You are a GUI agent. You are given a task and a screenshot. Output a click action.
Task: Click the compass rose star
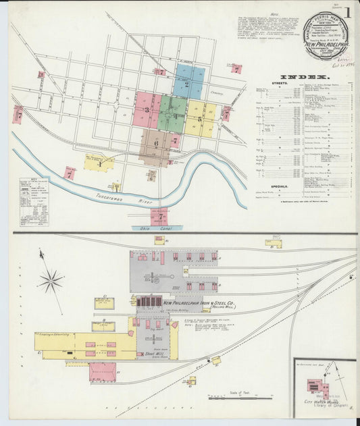pyautogui.click(x=51, y=279)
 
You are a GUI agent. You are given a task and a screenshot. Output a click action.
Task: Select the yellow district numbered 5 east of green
pyautogui.click(x=200, y=119)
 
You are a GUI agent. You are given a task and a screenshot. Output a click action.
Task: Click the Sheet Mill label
pyautogui.click(x=155, y=352)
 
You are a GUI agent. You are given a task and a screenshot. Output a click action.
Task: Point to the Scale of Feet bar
pyautogui.click(x=231, y=396)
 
